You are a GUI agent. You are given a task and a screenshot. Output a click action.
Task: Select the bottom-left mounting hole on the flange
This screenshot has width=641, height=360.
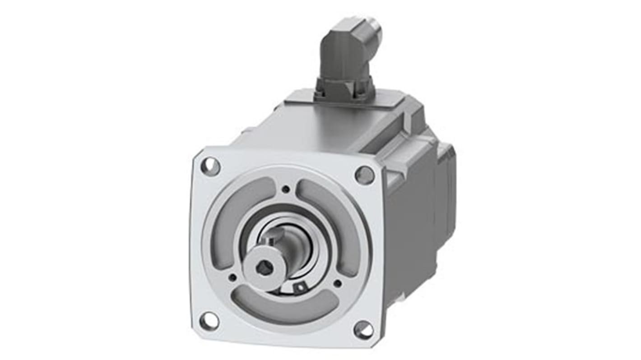pos(209,321)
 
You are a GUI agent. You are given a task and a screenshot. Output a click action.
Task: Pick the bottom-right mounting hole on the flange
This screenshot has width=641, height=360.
pos(363,331)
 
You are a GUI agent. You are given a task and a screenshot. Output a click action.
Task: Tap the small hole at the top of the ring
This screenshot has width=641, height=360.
pos(286,190)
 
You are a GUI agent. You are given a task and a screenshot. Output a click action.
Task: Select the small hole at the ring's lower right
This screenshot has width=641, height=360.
pos(337,284)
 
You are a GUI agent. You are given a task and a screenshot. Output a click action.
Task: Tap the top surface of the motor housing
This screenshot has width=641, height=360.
pos(316,126)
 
